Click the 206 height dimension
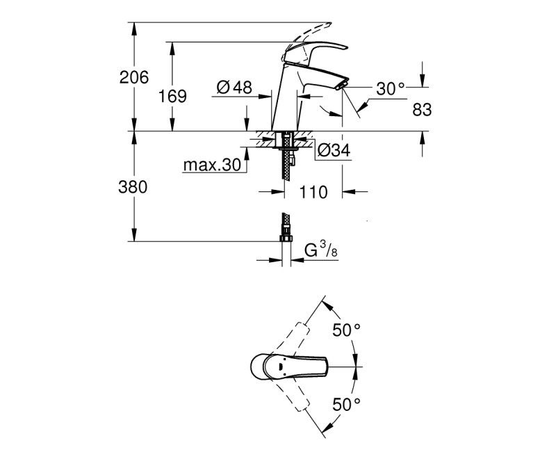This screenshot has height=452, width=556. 134,78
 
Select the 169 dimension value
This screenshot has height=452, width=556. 172,97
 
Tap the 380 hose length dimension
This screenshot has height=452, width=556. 134,187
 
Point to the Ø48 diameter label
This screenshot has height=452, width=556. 234,88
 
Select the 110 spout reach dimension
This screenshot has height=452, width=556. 313,193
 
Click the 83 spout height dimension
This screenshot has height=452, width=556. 422,109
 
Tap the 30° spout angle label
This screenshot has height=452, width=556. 390,88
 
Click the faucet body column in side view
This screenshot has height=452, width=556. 284,104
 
